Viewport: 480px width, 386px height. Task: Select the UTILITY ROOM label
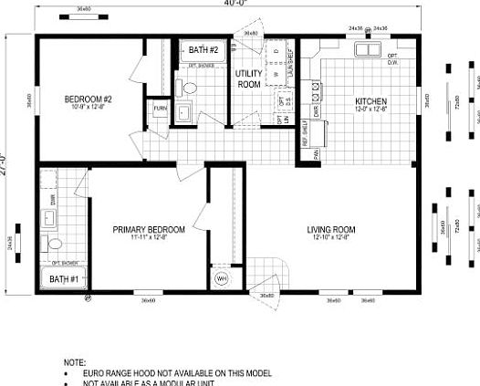pos(249,78)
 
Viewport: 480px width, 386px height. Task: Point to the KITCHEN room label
pos(371,100)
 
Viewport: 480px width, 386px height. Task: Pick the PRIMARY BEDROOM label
pos(149,229)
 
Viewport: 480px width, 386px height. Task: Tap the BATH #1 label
pos(63,278)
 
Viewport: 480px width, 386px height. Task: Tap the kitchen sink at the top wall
pos(369,50)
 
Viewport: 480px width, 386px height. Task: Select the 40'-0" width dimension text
pos(239,4)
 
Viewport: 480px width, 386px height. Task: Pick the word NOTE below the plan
pos(75,362)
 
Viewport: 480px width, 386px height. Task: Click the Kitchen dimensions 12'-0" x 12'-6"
pos(371,110)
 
